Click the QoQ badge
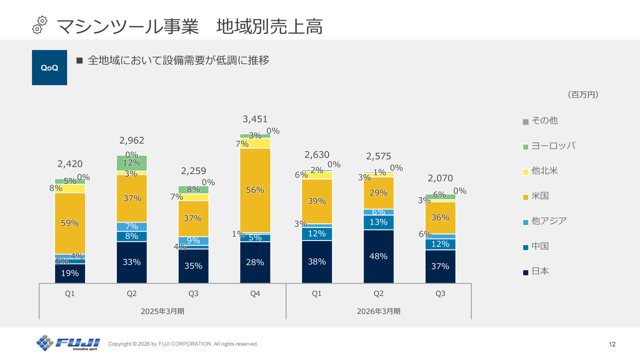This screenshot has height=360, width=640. [49, 67]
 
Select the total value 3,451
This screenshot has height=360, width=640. [255, 119]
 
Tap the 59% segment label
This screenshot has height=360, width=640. [70, 223]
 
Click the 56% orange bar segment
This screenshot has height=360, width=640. [255, 190]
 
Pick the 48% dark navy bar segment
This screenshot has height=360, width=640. [378, 256]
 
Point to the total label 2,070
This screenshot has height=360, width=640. [440, 178]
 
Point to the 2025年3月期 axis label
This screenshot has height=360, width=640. [162, 311]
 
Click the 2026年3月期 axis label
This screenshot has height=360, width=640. [378, 311]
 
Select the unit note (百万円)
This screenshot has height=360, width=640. [582, 94]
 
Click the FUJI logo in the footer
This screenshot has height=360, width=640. [68, 343]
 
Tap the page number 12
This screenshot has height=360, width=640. [612, 344]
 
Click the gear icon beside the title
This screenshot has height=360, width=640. [40, 24]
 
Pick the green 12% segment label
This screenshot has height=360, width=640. [131, 162]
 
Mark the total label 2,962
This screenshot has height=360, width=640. [131, 140]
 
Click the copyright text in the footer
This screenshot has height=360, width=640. [183, 344]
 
